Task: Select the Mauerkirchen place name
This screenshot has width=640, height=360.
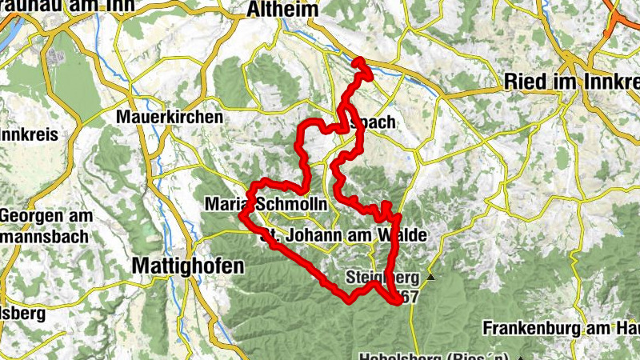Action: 169,117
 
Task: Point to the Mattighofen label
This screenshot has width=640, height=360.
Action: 187,265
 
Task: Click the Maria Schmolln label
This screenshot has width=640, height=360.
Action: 266,204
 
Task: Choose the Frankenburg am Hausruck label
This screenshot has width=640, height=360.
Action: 560,328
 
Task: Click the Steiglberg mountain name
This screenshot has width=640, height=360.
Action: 382,278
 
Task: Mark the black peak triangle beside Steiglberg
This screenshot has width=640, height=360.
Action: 431,278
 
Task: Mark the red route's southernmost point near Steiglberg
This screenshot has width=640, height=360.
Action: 398,302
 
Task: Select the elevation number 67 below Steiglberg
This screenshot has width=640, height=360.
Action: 410,296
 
